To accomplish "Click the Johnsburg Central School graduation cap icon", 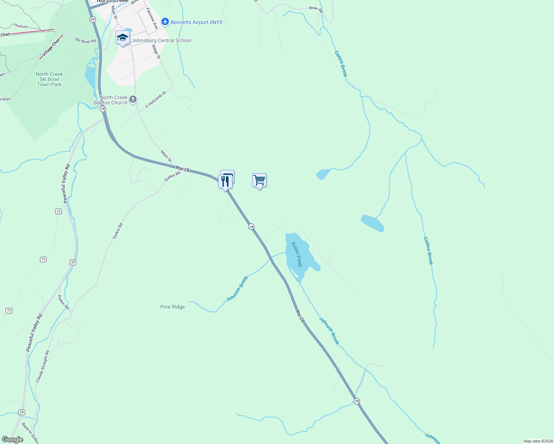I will pos(123,38).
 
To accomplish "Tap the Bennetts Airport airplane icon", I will pos(165,22).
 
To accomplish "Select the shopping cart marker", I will pos(259,181).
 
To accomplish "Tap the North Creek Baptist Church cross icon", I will pos(133,100).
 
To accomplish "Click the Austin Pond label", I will pos(297,254).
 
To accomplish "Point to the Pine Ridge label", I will pos(173,307).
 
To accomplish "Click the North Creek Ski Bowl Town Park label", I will pos(49,79).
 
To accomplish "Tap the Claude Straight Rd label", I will pos(42,367).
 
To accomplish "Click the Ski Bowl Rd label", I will pos(85,41).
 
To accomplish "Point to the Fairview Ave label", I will pos(152,18).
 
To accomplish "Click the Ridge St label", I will pos(156,52).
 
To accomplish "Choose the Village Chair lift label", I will pos(51,48).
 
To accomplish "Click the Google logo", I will pos(12,440).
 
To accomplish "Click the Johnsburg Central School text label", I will pos(161,40).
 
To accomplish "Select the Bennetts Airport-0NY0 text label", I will pos(196,22).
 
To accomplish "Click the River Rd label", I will pos(316,9).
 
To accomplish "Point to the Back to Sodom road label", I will pos(30,433).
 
